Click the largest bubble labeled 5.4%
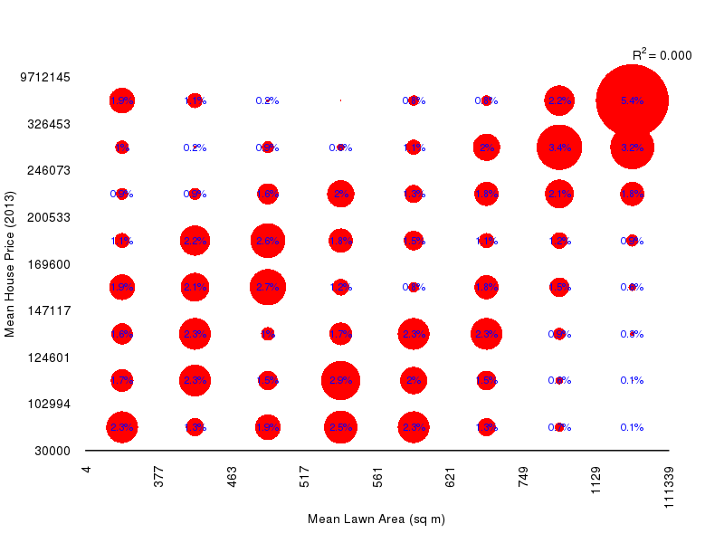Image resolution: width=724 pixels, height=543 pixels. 632,100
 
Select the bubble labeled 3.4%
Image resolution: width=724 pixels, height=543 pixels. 559,147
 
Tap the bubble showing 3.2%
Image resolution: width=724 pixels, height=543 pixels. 632,147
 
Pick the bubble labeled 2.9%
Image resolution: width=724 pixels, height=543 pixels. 340,380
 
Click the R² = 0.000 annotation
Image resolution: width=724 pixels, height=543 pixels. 662,55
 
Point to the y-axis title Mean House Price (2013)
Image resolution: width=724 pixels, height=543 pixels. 10,263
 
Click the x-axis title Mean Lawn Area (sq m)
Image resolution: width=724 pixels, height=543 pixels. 376,519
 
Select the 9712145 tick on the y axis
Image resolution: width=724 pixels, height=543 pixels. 45,77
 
